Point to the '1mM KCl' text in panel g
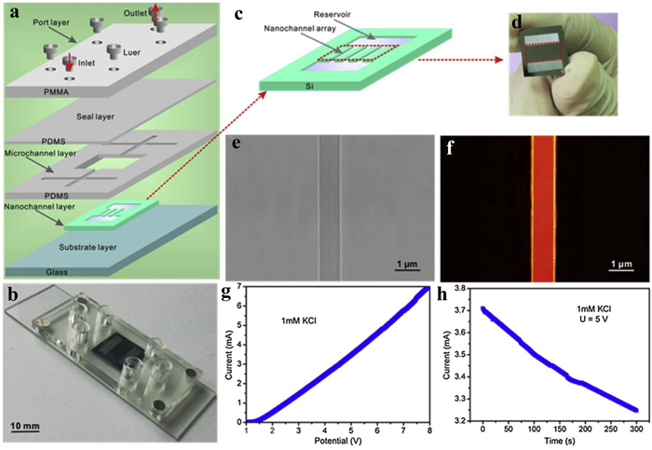coord(297,322)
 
